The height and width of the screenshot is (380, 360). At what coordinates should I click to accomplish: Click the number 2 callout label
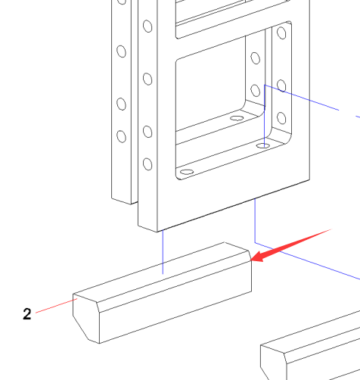coord(27,314)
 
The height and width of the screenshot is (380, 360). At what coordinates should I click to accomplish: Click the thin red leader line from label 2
coord(57,306)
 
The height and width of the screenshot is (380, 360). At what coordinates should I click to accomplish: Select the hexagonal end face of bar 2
coord(86,318)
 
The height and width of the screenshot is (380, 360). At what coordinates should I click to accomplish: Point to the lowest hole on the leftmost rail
coord(122,136)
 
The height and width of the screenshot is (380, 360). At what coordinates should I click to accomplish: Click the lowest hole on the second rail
coord(147,164)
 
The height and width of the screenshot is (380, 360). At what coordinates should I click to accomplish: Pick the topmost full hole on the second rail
coord(147,26)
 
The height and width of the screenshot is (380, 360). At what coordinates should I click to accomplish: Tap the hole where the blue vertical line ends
coord(263,145)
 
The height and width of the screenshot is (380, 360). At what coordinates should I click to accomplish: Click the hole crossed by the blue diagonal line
coord(281,86)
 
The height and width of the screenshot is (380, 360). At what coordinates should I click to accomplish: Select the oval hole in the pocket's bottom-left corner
coord(187,172)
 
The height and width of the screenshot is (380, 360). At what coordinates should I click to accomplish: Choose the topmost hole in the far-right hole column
coord(281,33)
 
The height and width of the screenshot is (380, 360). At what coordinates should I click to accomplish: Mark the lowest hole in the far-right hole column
coord(281,118)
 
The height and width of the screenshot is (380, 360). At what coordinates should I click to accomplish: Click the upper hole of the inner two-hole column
coord(256,58)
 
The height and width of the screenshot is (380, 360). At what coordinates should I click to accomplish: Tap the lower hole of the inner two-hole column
coord(256,91)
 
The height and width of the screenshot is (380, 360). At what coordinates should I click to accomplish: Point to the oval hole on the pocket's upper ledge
coord(237,118)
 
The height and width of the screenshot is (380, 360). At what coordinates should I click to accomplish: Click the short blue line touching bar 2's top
coord(163,252)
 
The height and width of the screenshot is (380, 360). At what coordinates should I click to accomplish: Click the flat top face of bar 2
coord(161,272)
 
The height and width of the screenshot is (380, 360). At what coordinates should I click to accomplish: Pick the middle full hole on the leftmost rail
coord(122,104)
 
